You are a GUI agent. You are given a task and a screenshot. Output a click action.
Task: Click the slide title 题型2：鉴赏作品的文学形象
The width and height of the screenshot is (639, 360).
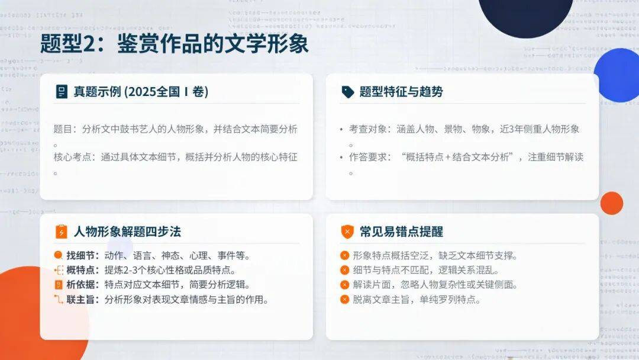[175, 44]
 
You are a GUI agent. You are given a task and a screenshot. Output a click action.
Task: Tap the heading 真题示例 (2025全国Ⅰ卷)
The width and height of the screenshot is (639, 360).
[141, 92]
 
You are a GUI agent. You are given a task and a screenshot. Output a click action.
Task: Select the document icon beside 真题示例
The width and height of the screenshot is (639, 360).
[62, 92]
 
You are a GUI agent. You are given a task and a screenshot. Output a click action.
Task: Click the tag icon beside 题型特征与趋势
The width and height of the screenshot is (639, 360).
[348, 92]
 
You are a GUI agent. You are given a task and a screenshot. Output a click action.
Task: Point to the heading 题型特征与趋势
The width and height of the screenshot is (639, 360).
[401, 92]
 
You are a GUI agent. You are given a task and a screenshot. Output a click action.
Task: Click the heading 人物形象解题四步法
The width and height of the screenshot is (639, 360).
[127, 232]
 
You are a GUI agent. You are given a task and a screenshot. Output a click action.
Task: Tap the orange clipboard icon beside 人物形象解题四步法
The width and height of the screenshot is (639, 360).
[61, 232]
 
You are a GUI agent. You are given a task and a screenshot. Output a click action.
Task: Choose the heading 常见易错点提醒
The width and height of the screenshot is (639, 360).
[401, 232]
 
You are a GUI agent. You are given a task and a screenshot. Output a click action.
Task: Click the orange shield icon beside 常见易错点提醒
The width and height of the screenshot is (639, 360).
[347, 232]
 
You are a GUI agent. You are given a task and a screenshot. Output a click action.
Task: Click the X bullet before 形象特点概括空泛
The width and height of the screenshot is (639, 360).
[345, 256]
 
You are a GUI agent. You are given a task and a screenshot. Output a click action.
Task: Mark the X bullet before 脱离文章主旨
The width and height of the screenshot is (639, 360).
[345, 300]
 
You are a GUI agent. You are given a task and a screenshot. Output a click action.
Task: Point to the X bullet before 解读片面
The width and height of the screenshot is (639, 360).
[345, 285]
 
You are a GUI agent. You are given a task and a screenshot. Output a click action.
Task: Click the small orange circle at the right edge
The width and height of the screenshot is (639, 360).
[612, 203]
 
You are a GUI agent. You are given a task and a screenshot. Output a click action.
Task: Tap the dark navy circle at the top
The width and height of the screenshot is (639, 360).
[526, 17]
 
